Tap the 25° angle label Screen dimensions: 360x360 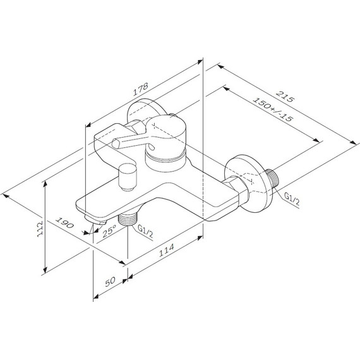coord(110,232)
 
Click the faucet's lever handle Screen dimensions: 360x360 coord(120,138)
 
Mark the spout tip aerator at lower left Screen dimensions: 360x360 coord(93,221)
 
